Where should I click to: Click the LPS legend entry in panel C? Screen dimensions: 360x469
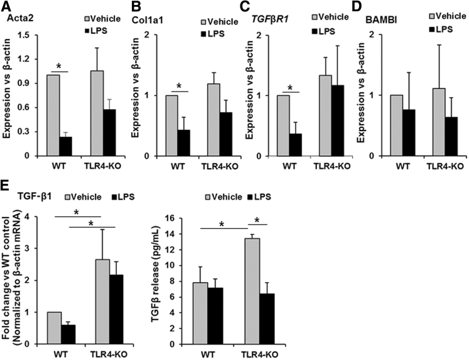[325, 29]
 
